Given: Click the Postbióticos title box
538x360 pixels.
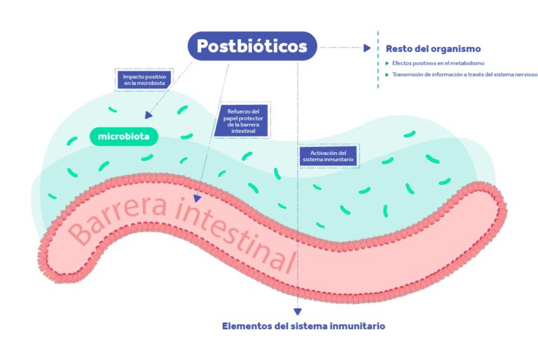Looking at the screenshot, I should point(251,46).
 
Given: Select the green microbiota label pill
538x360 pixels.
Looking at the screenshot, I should point(124,136).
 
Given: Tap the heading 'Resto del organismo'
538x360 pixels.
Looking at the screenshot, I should point(433,49).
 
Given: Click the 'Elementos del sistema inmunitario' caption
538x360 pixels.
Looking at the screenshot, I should point(303,326).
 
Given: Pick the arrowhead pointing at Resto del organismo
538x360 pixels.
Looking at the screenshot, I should point(366,48).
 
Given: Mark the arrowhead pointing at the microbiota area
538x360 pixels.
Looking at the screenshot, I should point(149,115).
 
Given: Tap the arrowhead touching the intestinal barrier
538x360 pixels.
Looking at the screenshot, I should point(198,198).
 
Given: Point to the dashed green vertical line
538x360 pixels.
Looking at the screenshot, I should point(378,60).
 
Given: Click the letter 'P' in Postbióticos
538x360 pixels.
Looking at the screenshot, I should point(202,46).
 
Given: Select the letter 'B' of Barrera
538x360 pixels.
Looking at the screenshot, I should point(82,233).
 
